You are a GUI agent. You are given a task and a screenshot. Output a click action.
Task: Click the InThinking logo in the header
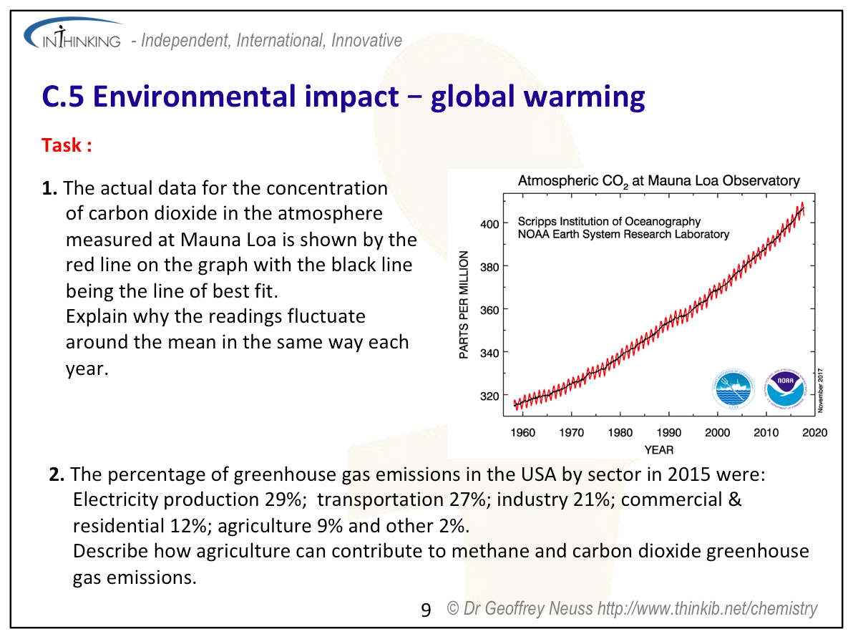(x=72, y=37)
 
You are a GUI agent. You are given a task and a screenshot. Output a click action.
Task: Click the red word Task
(x=66, y=145)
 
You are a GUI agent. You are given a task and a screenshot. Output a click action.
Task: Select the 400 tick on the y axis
(x=489, y=224)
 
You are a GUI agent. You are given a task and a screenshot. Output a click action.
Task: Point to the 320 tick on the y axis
(x=489, y=395)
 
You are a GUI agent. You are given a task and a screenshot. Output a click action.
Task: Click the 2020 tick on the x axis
(x=815, y=433)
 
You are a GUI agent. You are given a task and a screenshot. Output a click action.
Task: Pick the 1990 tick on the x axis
(x=668, y=433)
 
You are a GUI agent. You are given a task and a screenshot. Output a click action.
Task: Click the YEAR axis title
(x=658, y=449)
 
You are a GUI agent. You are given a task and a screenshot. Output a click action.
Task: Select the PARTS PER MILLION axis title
(x=464, y=306)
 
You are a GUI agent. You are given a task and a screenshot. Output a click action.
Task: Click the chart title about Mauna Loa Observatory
(x=658, y=181)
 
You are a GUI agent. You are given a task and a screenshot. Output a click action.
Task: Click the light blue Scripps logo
(x=733, y=390)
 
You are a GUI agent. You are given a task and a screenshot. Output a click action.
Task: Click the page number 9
(x=426, y=610)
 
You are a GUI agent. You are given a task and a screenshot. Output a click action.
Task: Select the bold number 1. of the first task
(x=49, y=189)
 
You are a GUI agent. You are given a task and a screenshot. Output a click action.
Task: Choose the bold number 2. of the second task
(x=57, y=474)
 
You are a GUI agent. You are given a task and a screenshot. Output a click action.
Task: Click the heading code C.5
(x=63, y=97)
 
